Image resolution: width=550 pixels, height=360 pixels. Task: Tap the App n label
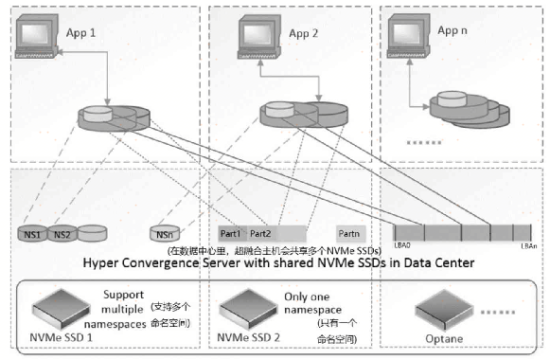(x=453, y=29)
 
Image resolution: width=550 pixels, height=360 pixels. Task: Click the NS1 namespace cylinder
(x=35, y=233)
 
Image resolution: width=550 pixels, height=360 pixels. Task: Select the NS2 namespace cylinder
(x=62, y=233)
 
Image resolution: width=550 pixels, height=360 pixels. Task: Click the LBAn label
(x=529, y=246)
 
